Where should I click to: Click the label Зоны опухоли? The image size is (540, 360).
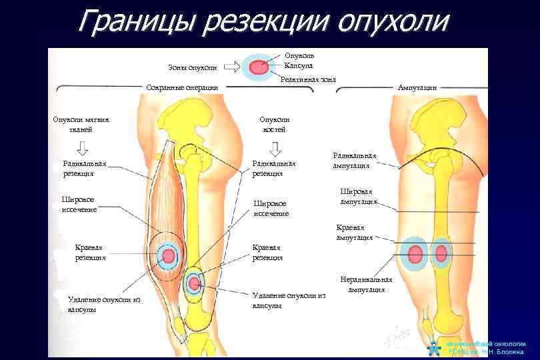(x=193, y=67)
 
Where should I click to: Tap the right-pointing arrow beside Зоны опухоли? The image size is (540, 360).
(x=231, y=67)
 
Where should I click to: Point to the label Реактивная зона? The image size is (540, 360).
(x=308, y=79)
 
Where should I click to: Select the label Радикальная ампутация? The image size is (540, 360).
(x=354, y=161)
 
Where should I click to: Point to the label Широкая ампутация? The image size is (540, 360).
(x=359, y=195)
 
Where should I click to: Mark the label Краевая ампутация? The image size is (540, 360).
(x=354, y=232)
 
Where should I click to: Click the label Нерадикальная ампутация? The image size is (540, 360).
(x=366, y=284)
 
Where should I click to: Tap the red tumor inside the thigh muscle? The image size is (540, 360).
(x=169, y=256)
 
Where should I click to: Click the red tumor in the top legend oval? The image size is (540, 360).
(x=259, y=67)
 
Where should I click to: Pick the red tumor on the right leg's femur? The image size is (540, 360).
(x=441, y=255)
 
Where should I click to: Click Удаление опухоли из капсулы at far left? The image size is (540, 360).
(x=105, y=305)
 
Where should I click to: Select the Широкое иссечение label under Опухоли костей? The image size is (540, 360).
(x=270, y=208)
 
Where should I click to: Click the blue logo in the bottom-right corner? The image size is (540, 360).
(x=433, y=347)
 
